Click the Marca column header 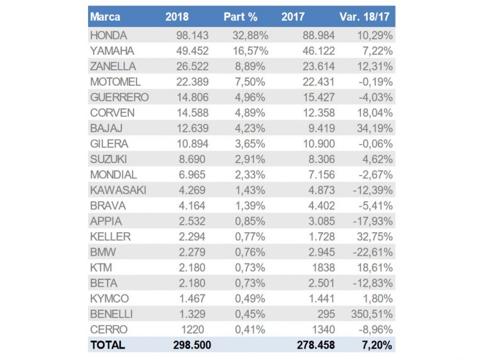coord(105,16)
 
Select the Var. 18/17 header coord(366,16)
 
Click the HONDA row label coord(109,35)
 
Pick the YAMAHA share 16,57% coord(249,51)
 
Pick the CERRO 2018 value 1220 coord(197,329)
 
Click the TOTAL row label coord(108,345)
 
